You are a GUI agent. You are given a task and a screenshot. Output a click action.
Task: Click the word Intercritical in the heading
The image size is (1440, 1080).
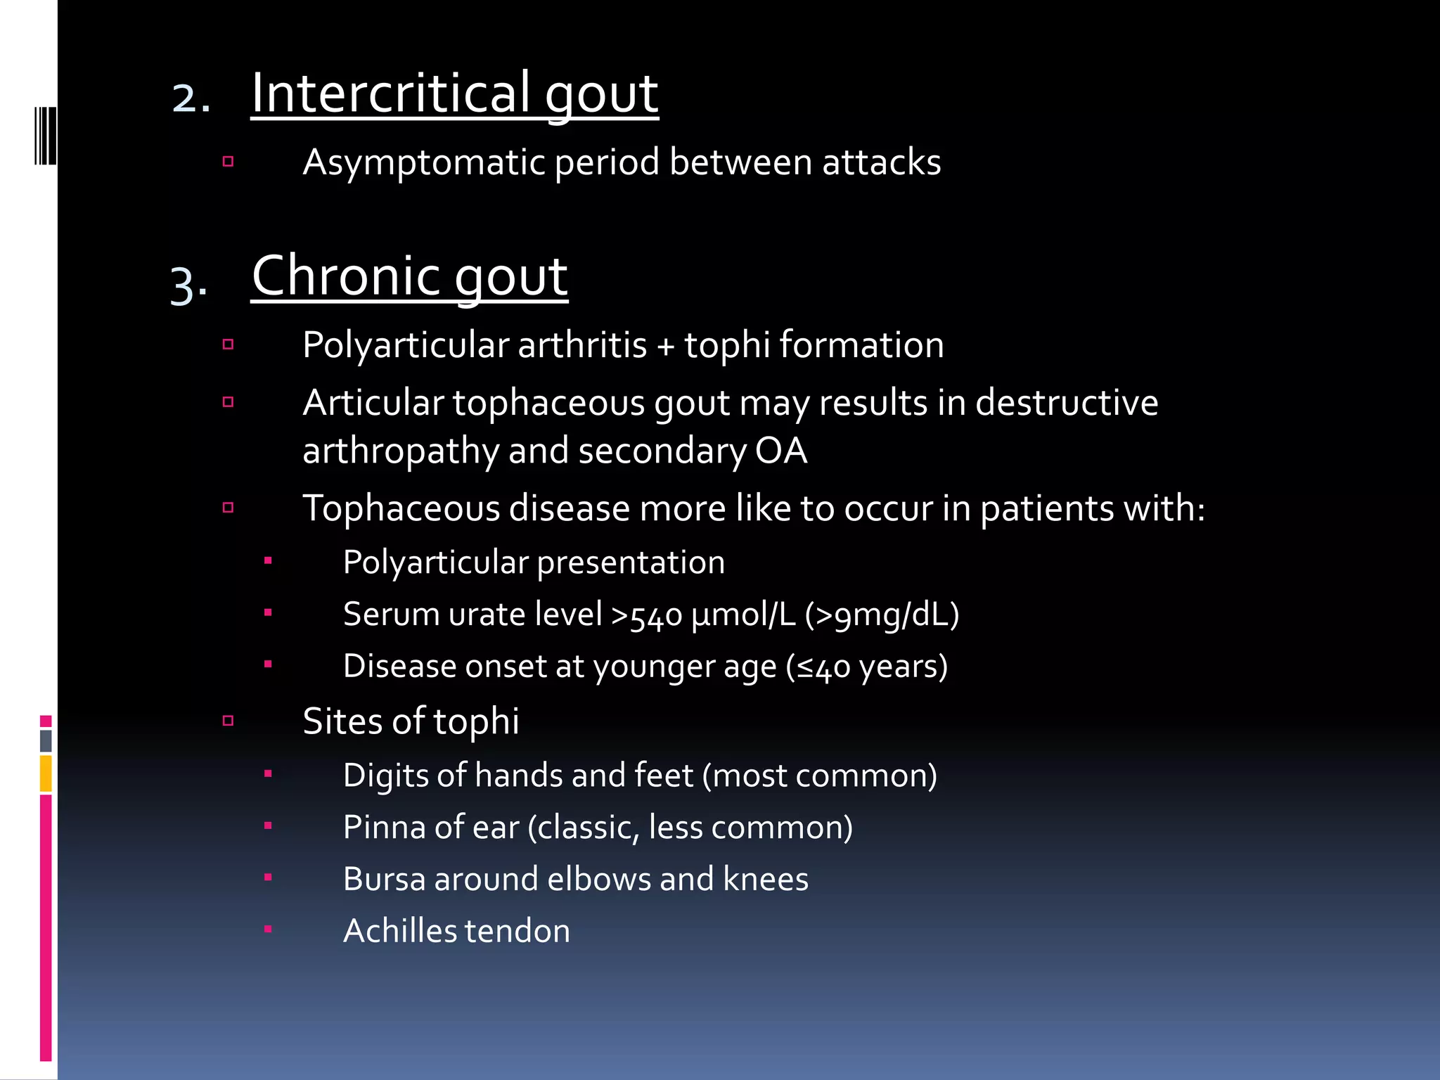(x=391, y=93)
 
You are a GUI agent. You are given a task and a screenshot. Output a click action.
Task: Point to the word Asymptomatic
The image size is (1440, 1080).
(x=424, y=163)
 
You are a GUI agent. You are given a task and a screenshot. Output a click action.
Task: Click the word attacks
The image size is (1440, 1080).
(x=882, y=162)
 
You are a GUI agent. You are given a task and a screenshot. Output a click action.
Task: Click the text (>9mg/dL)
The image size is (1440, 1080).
(x=882, y=615)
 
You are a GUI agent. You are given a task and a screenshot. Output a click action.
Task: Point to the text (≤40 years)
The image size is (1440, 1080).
(x=867, y=667)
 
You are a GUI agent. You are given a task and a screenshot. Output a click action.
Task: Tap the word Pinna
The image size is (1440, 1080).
(x=384, y=828)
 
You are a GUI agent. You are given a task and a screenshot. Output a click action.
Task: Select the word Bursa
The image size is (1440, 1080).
(x=384, y=879)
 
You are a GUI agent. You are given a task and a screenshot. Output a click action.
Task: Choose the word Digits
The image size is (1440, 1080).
(x=385, y=776)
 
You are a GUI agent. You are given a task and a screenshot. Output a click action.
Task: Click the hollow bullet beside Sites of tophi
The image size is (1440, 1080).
(x=228, y=721)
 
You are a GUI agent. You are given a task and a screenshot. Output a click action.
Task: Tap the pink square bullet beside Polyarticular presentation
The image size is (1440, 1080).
(x=268, y=561)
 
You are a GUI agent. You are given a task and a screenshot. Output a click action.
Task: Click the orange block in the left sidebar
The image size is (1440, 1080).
(x=46, y=773)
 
